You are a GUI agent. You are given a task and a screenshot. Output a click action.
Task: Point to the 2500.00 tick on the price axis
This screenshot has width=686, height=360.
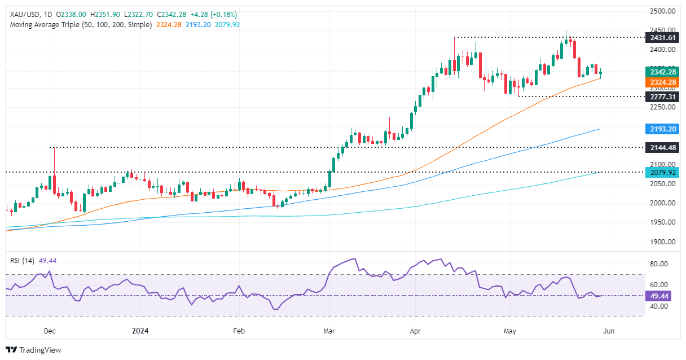(x=663, y=11)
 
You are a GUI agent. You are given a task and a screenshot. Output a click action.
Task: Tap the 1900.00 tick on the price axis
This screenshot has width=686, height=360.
(x=663, y=242)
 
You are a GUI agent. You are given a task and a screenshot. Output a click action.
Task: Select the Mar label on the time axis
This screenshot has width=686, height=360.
(x=328, y=331)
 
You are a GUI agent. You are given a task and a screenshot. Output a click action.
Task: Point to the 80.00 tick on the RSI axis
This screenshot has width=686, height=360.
(x=661, y=264)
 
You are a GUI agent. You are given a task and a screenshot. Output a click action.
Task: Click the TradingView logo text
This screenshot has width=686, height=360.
(x=39, y=350)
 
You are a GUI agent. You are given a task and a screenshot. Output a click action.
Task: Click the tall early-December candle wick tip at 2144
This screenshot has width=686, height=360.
(x=54, y=148)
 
